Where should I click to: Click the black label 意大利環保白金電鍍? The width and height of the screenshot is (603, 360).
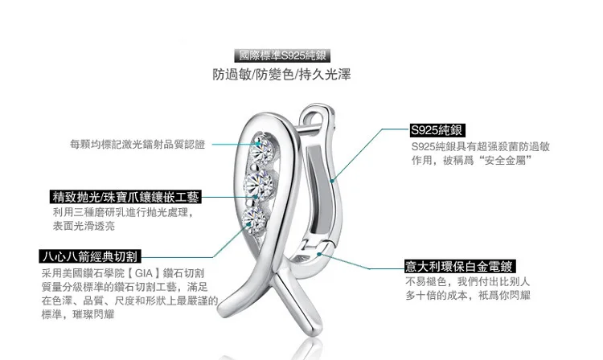coord(459,266)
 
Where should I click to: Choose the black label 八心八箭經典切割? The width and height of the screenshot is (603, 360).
coord(90,257)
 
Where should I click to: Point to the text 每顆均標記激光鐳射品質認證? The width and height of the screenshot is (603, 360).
coord(137,145)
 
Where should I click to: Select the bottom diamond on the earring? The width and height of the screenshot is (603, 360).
coord(254,218)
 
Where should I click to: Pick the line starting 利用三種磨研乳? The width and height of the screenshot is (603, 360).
coord(118,213)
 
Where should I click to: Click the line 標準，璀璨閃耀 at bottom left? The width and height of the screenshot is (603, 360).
coord(77,313)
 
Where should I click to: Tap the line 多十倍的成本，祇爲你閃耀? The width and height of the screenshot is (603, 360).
coord(468,296)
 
